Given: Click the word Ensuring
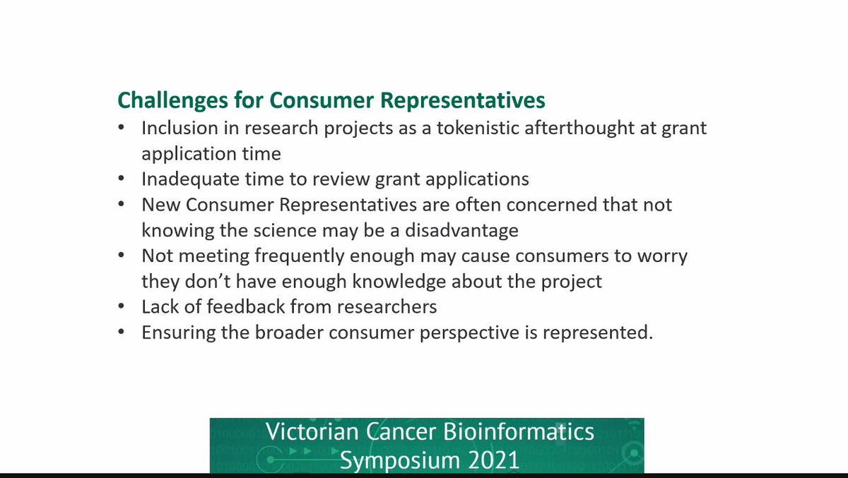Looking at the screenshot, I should [x=174, y=333].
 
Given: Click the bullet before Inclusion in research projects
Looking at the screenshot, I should [x=123, y=129].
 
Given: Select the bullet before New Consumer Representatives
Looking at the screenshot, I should [x=123, y=205].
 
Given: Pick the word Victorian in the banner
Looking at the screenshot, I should [x=305, y=432].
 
